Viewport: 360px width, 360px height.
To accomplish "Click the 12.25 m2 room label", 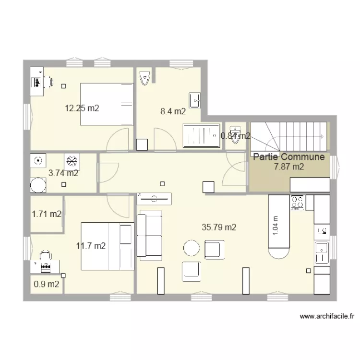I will click(82, 108).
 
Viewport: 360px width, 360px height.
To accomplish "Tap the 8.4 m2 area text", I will click(173, 111).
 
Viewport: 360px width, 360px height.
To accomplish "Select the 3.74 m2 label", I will click(63, 173).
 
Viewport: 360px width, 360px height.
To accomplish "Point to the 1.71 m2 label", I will click(47, 214).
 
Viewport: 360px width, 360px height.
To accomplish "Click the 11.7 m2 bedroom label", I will click(91, 246).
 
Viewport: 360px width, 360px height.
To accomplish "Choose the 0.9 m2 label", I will click(47, 284).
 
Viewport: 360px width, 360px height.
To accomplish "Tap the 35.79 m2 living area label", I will click(219, 228).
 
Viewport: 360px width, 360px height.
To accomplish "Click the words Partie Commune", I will click(289, 157).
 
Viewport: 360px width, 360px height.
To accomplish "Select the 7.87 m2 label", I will click(289, 167).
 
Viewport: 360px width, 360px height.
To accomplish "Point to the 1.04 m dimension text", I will click(276, 224).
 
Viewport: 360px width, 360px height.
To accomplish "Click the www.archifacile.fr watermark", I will click(327, 316).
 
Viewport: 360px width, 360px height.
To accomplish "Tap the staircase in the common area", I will click(288, 136).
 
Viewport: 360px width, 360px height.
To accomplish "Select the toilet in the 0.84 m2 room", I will click(235, 132).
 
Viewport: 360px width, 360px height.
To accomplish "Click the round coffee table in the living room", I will click(191, 248).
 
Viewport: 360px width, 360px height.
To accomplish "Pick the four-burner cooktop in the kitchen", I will click(297, 203).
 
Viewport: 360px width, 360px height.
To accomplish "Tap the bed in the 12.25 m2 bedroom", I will click(106, 104).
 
